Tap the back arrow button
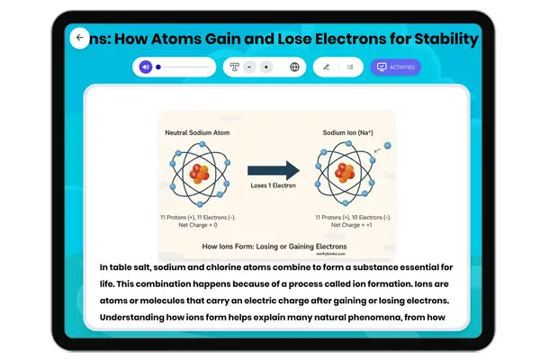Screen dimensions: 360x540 click(79, 38)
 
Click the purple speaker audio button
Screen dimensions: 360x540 click(147, 67)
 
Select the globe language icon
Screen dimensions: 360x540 click(294, 67)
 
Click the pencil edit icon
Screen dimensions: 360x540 click(326, 67)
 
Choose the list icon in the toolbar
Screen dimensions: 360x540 click(350, 67)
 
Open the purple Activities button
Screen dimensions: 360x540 click(395, 67)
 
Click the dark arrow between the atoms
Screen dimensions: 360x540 click(272, 169)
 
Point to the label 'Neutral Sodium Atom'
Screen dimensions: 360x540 click(196, 132)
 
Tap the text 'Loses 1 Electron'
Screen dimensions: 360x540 click(272, 187)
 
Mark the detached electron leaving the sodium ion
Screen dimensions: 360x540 click(386, 145)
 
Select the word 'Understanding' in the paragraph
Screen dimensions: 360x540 click(140, 318)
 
